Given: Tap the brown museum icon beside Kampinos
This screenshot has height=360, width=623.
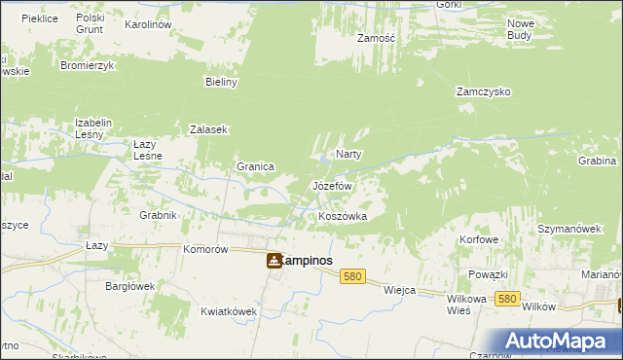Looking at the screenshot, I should [275, 261].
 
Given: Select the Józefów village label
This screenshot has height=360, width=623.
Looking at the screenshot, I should [331, 185].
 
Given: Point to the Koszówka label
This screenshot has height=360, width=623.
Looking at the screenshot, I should [343, 216].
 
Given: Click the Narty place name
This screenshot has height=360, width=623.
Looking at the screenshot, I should [348, 155].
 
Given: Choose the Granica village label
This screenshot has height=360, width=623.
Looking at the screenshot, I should [254, 166].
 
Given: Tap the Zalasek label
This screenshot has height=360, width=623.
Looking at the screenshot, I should [208, 129].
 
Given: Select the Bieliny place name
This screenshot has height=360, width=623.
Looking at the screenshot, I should [222, 83].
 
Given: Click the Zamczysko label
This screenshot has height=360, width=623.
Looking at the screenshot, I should [484, 92].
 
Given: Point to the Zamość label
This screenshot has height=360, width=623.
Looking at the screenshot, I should [375, 38].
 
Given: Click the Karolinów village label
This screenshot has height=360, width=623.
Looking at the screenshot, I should [149, 22].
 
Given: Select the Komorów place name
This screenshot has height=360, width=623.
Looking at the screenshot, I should [205, 249].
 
